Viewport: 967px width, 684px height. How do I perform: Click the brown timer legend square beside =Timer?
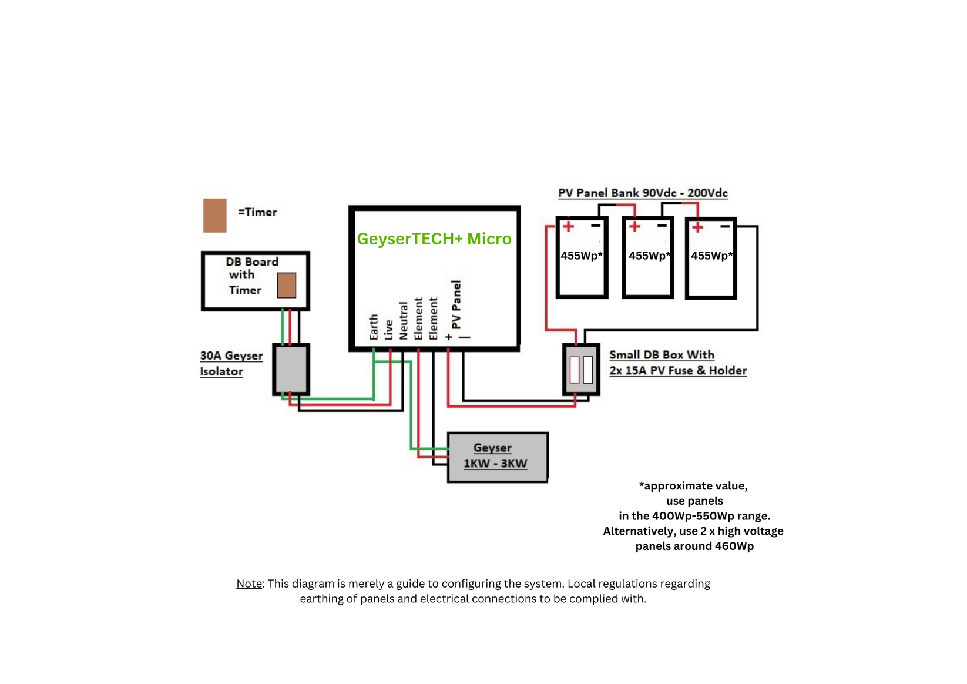click(x=214, y=215)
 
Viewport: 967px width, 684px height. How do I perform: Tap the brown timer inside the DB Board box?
click(x=286, y=285)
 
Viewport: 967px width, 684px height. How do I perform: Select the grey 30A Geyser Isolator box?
click(x=291, y=369)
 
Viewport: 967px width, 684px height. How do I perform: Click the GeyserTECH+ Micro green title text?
click(x=434, y=239)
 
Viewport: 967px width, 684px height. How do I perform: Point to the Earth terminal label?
click(x=374, y=327)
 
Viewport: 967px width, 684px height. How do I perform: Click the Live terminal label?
click(x=388, y=329)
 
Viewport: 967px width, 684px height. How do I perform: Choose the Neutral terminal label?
click(x=404, y=321)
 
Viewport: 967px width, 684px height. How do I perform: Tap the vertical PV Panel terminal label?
click(x=456, y=304)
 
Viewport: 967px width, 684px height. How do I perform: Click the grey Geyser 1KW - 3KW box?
click(x=497, y=457)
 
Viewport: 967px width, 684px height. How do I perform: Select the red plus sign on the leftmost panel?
click(x=568, y=226)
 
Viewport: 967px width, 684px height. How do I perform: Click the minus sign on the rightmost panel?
click(x=725, y=226)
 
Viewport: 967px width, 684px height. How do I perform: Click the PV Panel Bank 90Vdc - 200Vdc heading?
click(x=643, y=193)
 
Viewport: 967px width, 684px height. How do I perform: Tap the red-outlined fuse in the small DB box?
click(x=575, y=369)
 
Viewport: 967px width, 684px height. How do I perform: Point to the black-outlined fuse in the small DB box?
click(x=587, y=369)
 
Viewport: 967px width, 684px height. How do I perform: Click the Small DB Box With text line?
click(x=662, y=355)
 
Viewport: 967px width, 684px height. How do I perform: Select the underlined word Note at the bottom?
click(x=249, y=584)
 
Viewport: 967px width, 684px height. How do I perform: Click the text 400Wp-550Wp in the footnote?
click(x=693, y=516)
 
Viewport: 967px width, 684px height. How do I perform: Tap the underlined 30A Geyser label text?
click(x=231, y=356)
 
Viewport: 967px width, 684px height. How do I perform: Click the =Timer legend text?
click(x=257, y=212)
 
